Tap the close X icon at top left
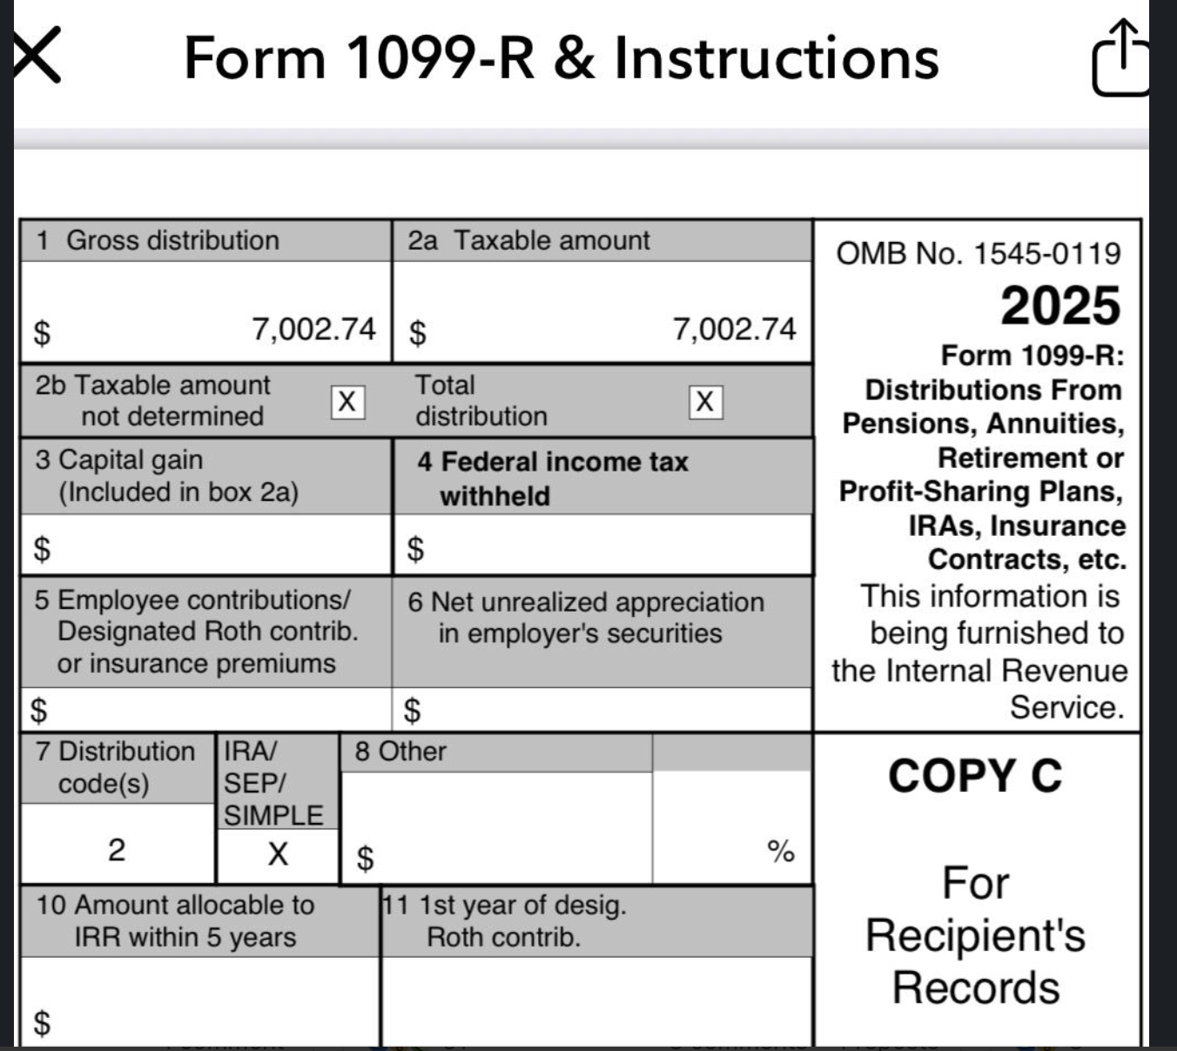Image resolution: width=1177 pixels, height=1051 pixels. tap(36, 55)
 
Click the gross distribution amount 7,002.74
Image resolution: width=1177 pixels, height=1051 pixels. tap(313, 329)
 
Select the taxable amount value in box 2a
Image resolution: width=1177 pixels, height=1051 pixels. tap(734, 329)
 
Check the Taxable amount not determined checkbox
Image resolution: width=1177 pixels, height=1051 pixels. tap(346, 402)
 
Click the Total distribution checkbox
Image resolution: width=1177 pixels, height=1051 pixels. tap(705, 402)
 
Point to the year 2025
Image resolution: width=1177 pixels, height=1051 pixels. tap(1059, 306)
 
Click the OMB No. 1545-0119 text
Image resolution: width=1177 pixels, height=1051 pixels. tap(978, 253)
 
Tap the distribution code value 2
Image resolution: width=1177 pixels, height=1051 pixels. tap(117, 849)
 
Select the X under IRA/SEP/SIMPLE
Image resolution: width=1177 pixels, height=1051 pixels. tap(278, 854)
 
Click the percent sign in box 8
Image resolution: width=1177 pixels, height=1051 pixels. tap(781, 851)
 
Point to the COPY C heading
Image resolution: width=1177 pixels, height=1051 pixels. tap(975, 775)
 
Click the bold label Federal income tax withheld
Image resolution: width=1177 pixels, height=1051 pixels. tap(552, 478)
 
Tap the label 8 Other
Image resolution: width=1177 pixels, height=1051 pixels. tap(400, 752)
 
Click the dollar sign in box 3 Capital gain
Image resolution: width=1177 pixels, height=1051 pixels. tap(41, 549)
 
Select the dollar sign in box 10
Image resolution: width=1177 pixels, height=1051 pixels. tap(41, 1022)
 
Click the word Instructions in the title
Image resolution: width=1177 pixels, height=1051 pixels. tap(777, 58)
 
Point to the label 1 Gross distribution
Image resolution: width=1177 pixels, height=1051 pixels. tap(158, 240)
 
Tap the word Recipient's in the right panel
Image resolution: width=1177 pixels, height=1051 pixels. tap(975, 935)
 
